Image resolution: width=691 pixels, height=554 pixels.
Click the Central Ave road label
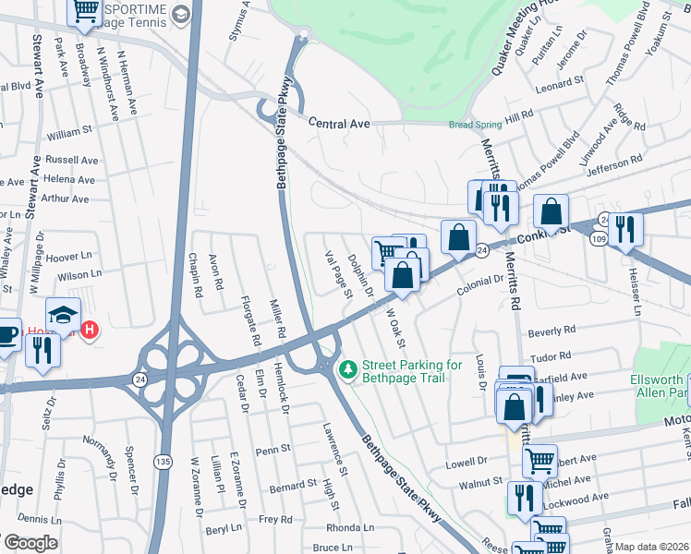pyautogui.click(x=339, y=124)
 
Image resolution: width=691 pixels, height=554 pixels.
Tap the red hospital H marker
pyautogui.click(x=90, y=330)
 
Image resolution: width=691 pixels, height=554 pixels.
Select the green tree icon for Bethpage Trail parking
pyautogui.click(x=348, y=369)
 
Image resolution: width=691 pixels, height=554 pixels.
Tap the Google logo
pyautogui.click(x=30, y=543)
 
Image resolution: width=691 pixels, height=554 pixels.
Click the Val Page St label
pyautogui.click(x=338, y=275)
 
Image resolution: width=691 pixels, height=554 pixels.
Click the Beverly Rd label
pyautogui.click(x=552, y=330)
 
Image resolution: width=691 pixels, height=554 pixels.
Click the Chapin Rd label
pyautogui.click(x=196, y=275)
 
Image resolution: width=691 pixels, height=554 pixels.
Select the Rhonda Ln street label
pyautogui.click(x=351, y=528)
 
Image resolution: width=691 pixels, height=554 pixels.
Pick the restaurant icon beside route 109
pyautogui.click(x=626, y=229)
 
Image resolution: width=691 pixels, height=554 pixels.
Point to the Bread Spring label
pyautogui.click(x=476, y=125)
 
